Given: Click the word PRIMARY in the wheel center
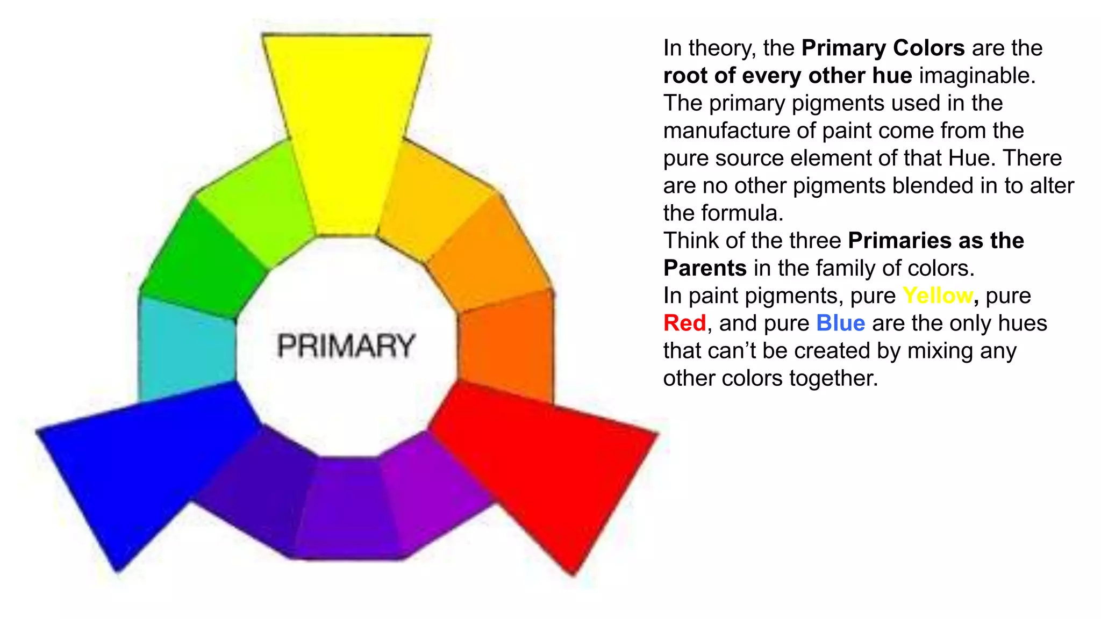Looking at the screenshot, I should (x=346, y=346).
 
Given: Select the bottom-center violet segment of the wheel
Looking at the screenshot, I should (x=347, y=508).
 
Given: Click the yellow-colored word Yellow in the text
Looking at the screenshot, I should (x=938, y=296).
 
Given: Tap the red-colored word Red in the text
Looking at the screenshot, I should (x=684, y=323).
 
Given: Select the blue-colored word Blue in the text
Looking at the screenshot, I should (x=840, y=323).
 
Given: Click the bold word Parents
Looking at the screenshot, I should (x=705, y=268).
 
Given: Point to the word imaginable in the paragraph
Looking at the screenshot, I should (x=977, y=75).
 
